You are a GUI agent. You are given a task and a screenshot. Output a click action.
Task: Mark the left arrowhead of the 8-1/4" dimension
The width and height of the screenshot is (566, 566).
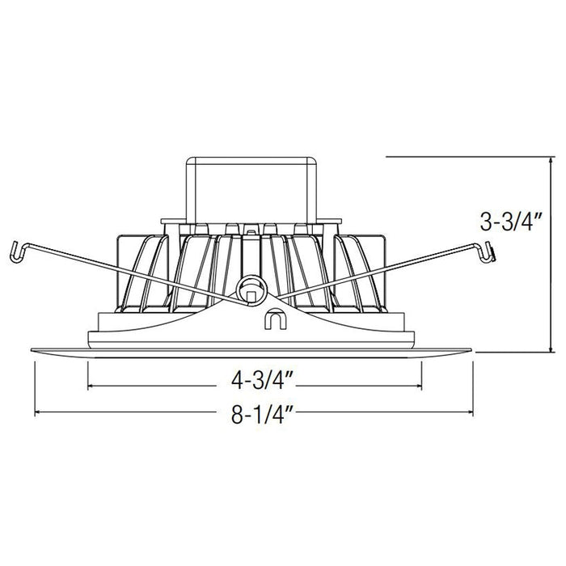(37, 413)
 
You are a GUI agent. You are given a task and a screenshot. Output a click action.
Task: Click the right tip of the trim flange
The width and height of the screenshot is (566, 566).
(472, 349)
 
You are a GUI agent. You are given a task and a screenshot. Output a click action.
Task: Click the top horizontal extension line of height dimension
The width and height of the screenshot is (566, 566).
(469, 156)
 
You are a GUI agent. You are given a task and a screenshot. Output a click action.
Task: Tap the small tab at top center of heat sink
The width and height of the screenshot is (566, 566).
(251, 232)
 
